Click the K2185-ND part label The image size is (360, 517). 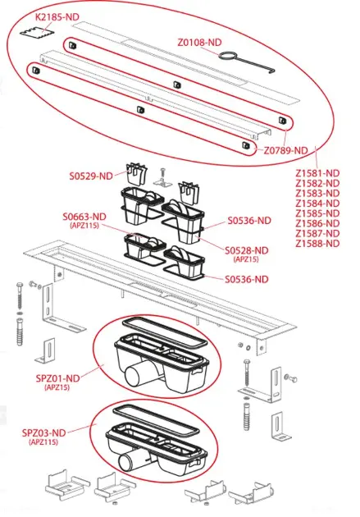pyautogui.click(x=57, y=16)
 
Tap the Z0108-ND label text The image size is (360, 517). pyautogui.click(x=199, y=43)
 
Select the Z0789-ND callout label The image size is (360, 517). pyautogui.click(x=285, y=150)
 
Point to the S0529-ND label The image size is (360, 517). pyautogui.click(x=91, y=176)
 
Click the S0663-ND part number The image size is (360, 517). pyautogui.click(x=84, y=217)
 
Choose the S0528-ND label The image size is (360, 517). pyautogui.click(x=247, y=250)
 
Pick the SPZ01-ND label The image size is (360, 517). pyautogui.click(x=58, y=378)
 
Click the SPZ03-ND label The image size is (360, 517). pyautogui.click(x=44, y=432)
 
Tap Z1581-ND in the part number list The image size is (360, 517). pyautogui.click(x=317, y=173)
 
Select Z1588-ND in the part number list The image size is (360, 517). pyautogui.click(x=317, y=244)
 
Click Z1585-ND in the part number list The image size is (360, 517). pyautogui.click(x=317, y=213)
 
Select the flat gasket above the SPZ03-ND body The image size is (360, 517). pyautogui.click(x=156, y=420)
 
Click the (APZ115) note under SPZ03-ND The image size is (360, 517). pyautogui.click(x=43, y=442)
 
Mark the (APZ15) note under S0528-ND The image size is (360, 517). pyautogui.click(x=246, y=259)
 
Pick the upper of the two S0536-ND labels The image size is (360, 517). pyautogui.click(x=249, y=221)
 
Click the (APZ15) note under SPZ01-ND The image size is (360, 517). pyautogui.click(x=57, y=387)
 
